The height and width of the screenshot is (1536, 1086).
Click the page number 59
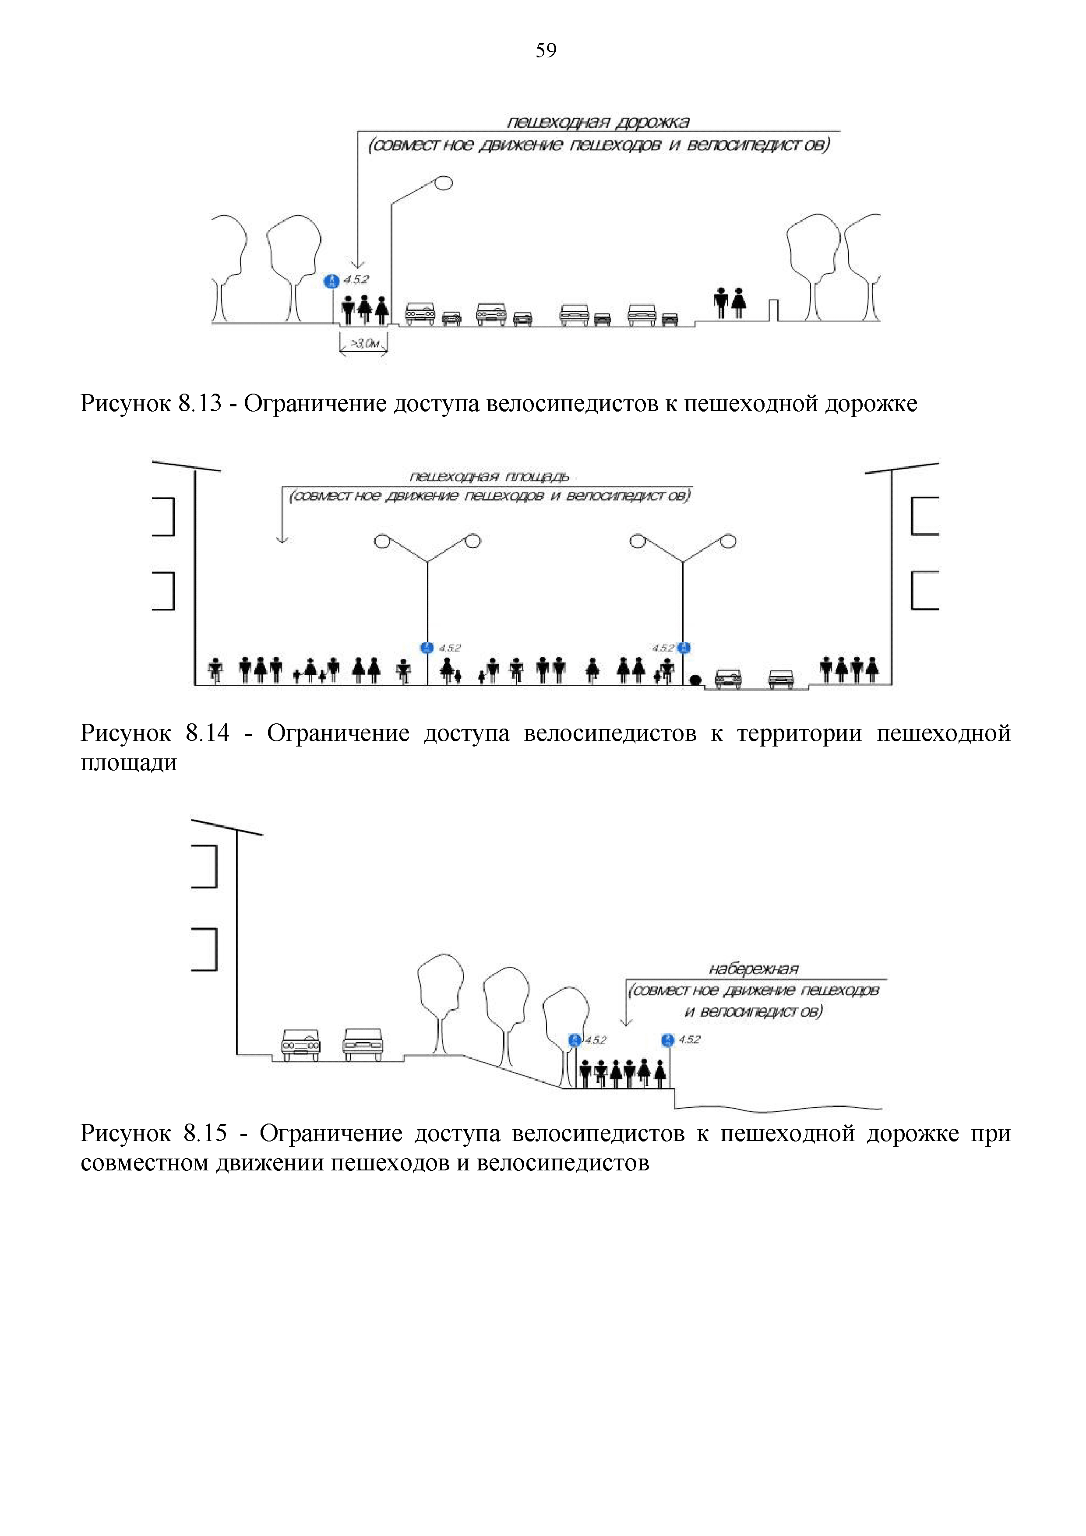coord(545,51)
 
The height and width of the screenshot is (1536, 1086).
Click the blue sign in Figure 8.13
coord(331,281)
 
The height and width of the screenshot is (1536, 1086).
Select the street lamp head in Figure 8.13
coord(443,182)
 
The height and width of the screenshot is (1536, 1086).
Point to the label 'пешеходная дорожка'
coord(598,123)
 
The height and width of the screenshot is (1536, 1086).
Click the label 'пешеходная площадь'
coord(489,476)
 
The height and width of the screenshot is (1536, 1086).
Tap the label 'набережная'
coord(754,969)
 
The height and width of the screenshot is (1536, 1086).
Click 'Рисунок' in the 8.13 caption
coord(125,404)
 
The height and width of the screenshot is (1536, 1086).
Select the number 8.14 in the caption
coord(207,733)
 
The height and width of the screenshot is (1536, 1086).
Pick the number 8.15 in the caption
coord(205,1133)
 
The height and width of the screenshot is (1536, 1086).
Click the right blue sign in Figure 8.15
coord(668,1039)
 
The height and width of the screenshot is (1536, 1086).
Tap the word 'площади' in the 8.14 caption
coord(128,763)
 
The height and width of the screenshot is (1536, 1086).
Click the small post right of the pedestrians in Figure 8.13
coord(773,310)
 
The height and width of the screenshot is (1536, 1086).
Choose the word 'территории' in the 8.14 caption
coord(799,733)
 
